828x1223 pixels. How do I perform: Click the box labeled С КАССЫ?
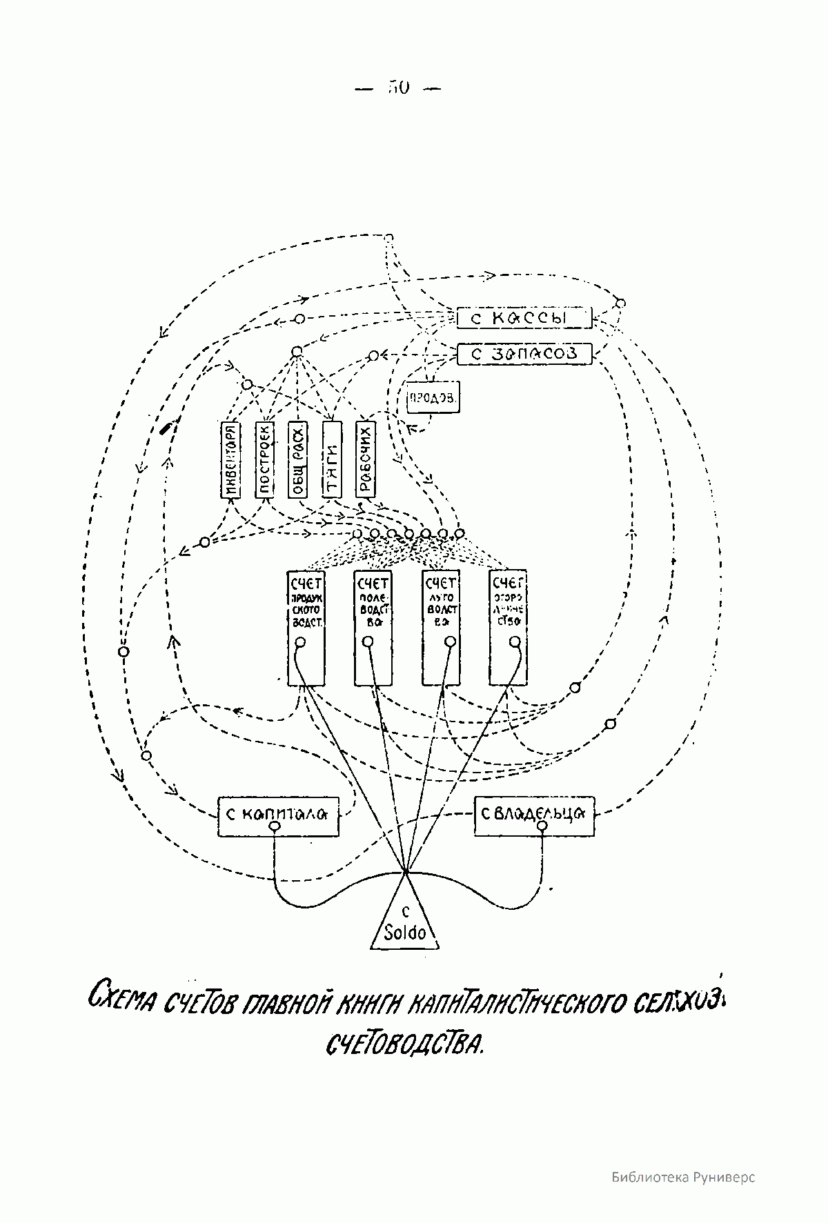(524, 318)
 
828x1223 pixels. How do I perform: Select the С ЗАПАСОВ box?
(524, 354)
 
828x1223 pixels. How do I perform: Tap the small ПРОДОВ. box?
(433, 397)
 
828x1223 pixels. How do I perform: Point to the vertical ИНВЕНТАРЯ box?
(230, 458)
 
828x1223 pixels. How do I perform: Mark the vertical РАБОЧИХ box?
(366, 458)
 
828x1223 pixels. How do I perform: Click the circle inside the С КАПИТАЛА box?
(275, 826)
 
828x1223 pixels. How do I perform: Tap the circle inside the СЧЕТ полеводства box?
(368, 643)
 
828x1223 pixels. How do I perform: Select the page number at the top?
(400, 88)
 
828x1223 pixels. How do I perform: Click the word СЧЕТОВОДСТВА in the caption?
(405, 1043)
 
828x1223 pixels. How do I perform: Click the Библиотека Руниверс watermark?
(682, 1177)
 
